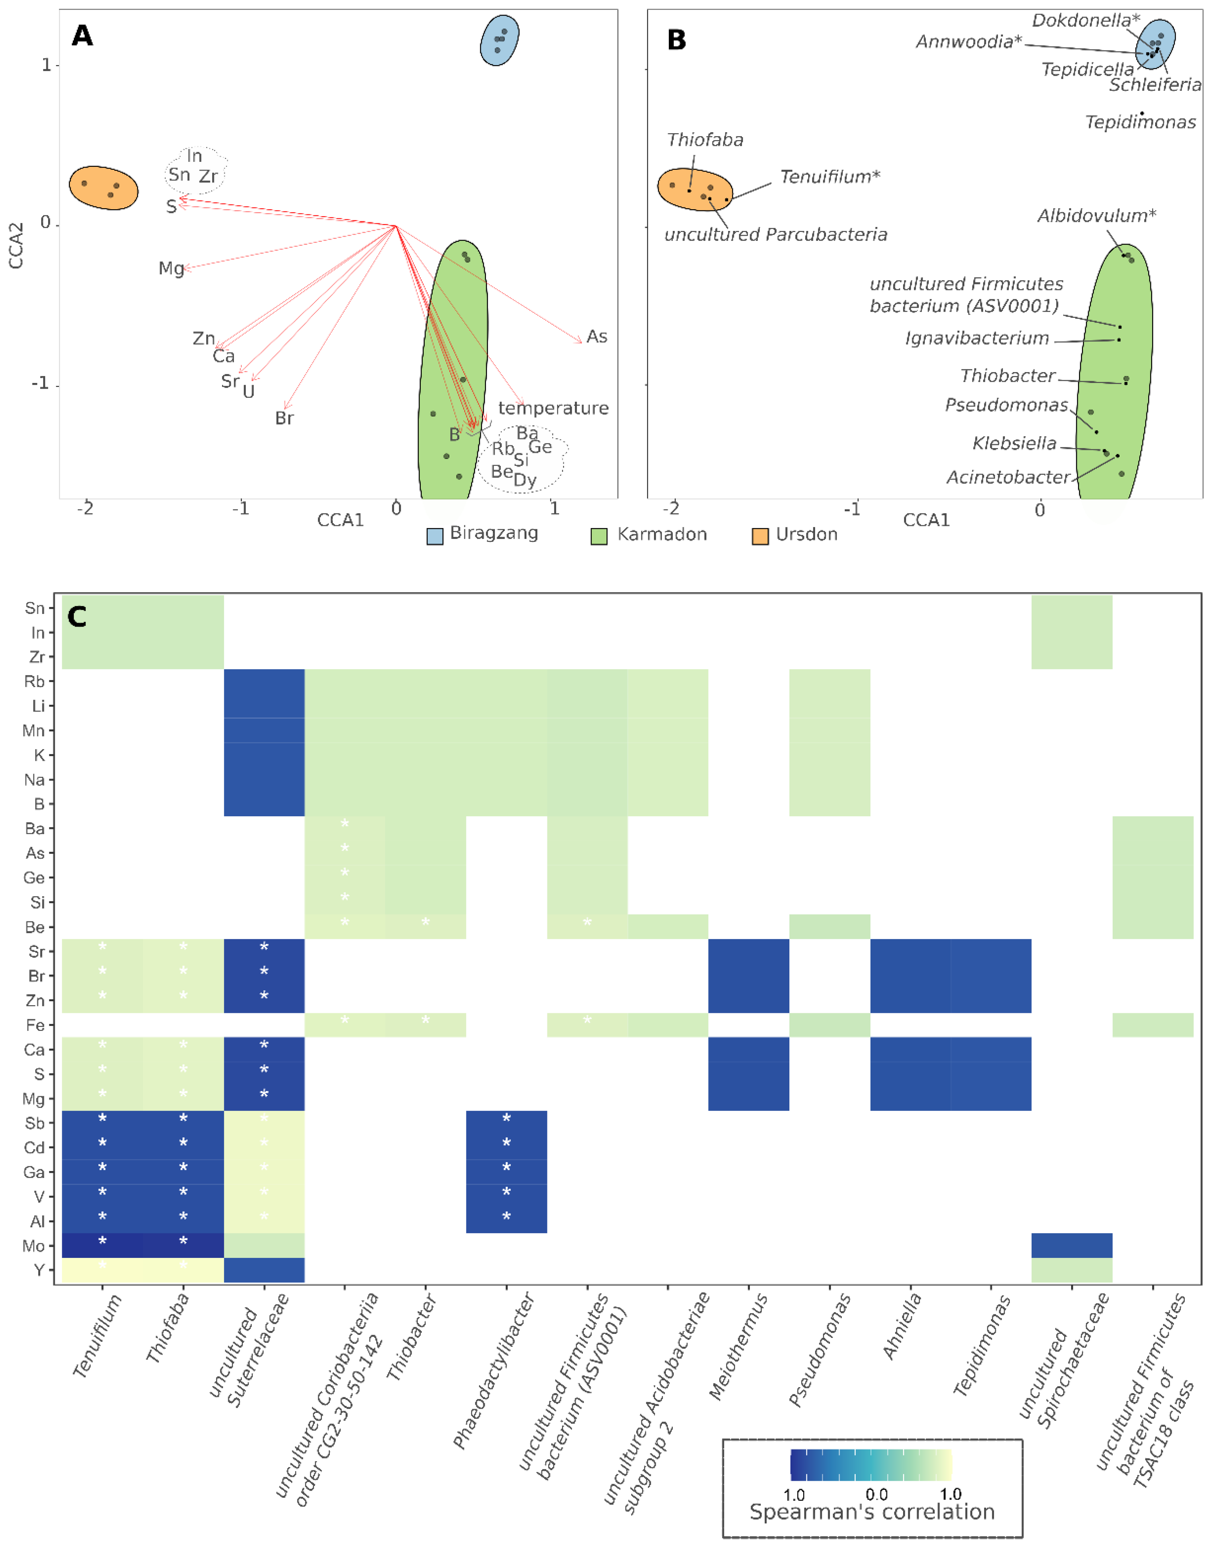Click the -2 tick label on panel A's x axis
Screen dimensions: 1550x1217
point(85,509)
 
